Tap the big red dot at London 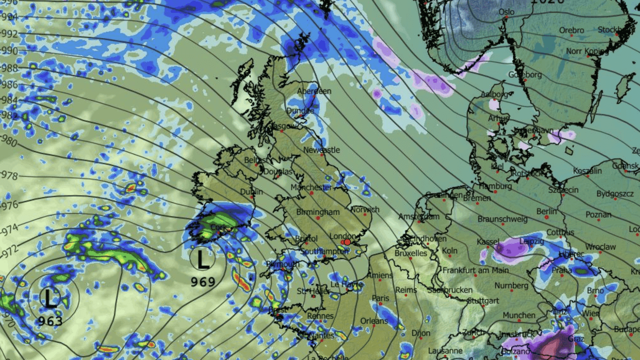click(347, 242)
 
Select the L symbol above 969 click(203, 260)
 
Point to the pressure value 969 click(203, 282)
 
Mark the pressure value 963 click(50, 321)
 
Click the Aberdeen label click(314, 91)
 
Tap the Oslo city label click(506, 12)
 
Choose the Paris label click(380, 298)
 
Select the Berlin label click(546, 211)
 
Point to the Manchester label click(311, 188)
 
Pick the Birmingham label click(318, 212)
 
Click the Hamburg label click(495, 186)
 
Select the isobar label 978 click(10, 176)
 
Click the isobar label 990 click(9, 51)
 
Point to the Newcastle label click(322, 150)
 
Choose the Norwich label click(365, 210)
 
